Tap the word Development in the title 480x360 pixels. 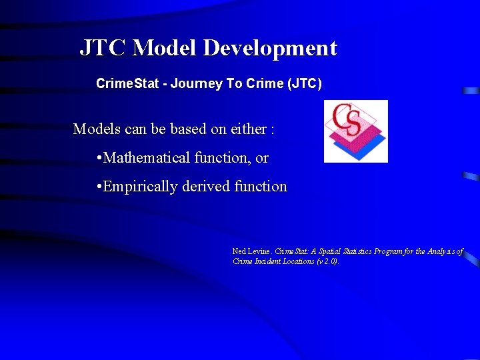click(x=270, y=48)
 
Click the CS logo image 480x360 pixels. click(x=355, y=131)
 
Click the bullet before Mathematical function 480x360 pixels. click(x=99, y=159)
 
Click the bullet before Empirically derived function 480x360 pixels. click(x=99, y=187)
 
